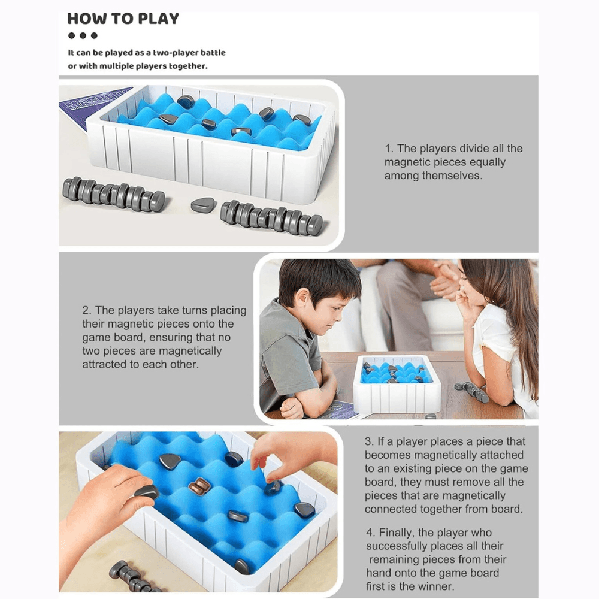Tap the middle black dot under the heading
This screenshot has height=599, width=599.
[x=83, y=35]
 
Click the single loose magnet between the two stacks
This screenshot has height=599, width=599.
[x=203, y=205]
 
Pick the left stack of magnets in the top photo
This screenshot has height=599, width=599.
[x=114, y=193]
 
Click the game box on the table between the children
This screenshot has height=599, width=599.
[x=397, y=383]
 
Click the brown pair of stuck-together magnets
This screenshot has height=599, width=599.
[x=199, y=486]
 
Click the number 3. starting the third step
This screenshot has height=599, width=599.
[x=370, y=441]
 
